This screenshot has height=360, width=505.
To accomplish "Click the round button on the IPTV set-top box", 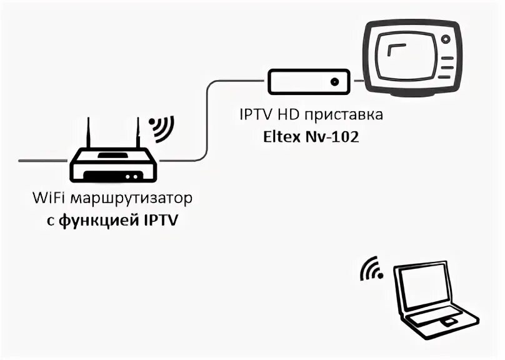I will click(336, 82).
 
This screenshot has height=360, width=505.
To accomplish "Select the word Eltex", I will click(281, 137).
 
